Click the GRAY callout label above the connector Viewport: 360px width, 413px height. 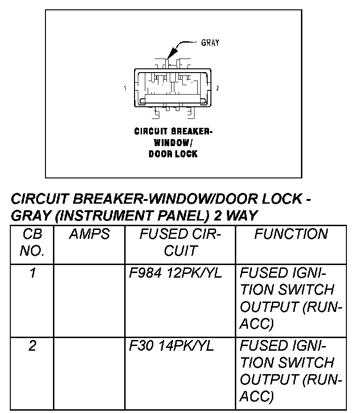point(210,43)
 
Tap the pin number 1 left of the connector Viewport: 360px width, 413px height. point(125,88)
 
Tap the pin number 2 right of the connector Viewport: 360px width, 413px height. point(217,88)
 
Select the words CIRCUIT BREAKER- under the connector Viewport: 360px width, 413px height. point(173,131)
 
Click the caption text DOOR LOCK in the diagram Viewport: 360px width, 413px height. point(173,154)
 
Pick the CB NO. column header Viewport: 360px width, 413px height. point(32,243)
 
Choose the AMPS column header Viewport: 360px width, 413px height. point(89,235)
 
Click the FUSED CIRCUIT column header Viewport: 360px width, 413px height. point(180,243)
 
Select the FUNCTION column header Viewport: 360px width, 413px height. point(291,235)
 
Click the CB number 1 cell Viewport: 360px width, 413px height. point(32,273)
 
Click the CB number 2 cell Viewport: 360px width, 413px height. point(32,347)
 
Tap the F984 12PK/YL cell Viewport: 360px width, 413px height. point(175,273)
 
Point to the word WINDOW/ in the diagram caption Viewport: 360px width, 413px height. point(173,142)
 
